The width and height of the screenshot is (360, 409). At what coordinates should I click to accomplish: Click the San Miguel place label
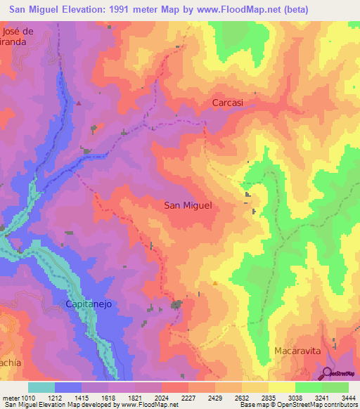click(x=188, y=205)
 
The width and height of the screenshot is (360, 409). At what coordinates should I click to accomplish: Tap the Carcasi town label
click(x=228, y=103)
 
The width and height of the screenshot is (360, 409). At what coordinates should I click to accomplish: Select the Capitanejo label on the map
click(x=89, y=304)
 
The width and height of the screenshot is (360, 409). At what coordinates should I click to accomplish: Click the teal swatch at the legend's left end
click(x=41, y=387)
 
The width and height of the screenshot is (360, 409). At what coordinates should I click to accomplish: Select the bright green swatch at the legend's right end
click(x=335, y=387)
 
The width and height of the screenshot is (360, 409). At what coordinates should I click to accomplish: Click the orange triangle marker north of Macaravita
click(x=214, y=283)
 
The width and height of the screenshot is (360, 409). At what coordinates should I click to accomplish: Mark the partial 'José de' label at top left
click(x=18, y=32)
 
